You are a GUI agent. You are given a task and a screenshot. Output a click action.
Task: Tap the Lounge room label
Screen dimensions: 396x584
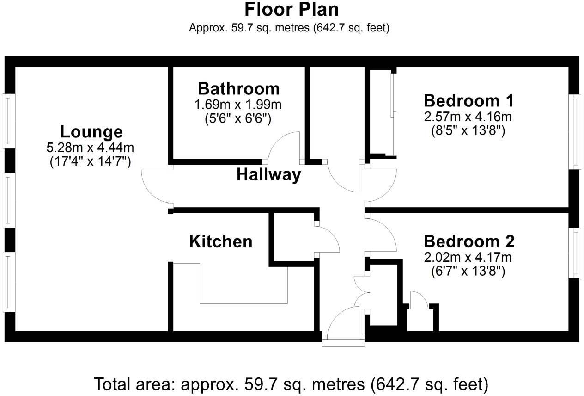click(x=91, y=132)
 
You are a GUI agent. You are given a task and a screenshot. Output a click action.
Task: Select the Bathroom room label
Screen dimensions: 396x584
click(x=238, y=88)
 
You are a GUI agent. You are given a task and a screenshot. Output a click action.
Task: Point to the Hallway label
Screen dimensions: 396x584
click(x=268, y=175)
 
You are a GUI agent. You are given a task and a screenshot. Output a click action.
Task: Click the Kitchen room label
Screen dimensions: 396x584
click(x=221, y=241)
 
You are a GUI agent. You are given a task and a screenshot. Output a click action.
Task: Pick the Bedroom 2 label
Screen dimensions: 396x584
click(x=468, y=241)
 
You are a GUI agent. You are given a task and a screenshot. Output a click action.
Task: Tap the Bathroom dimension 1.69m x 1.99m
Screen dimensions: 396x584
click(x=238, y=105)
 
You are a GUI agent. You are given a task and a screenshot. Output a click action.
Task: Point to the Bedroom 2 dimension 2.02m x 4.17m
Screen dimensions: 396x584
click(x=468, y=257)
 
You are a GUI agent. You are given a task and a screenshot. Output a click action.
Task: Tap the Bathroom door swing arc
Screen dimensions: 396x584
click(x=284, y=146)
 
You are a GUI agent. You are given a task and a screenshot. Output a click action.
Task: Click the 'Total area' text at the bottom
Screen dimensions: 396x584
click(x=291, y=384)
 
